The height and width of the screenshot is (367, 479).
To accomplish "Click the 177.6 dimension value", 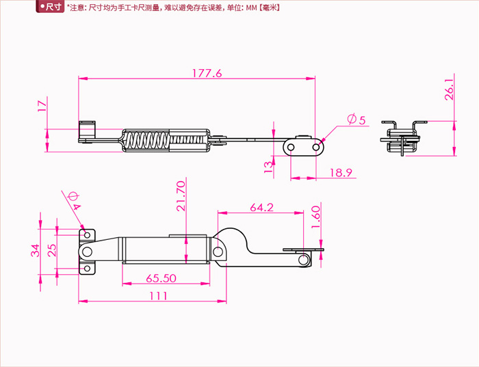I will [207, 74].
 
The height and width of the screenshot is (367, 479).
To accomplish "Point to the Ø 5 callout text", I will [357, 120].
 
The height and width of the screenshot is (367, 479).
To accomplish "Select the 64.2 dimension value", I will [261, 207].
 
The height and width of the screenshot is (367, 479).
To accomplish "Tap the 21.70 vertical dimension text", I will [180, 196].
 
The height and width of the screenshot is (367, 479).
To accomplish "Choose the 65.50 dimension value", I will [162, 279].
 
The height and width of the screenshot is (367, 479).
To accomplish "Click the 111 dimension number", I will [158, 295].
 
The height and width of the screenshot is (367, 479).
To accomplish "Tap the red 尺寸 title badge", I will [51, 8].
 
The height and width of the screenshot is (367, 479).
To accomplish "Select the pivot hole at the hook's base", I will [218, 252].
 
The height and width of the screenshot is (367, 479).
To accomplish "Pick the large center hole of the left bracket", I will [87, 252].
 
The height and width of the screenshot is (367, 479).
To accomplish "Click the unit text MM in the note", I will [250, 8].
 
